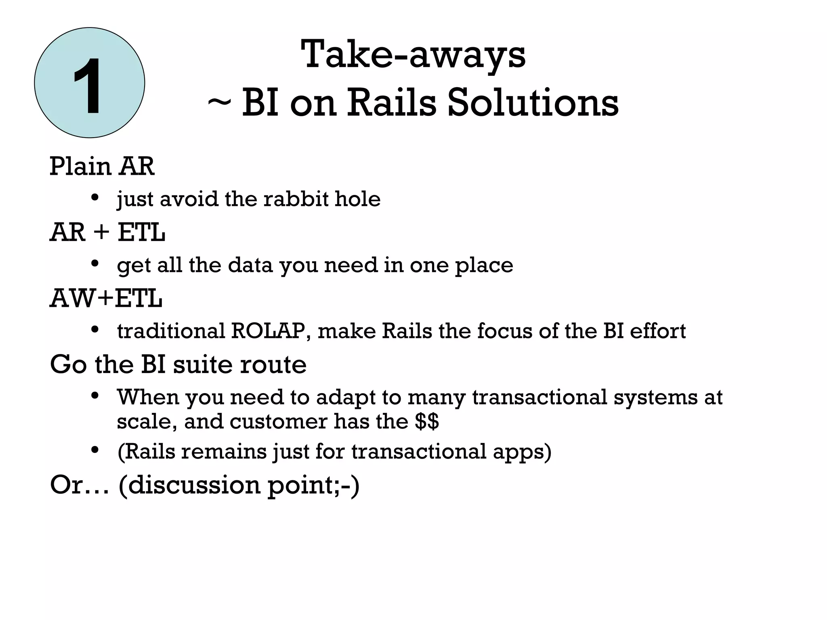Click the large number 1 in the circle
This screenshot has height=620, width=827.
click(x=88, y=86)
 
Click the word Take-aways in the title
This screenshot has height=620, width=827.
click(x=413, y=54)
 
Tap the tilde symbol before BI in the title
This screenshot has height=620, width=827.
click(x=219, y=103)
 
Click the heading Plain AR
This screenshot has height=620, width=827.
click(x=102, y=166)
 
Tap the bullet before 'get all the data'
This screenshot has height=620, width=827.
click(x=95, y=264)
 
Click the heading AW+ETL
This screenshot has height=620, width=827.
click(x=106, y=299)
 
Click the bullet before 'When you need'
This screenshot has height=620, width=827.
click(x=95, y=395)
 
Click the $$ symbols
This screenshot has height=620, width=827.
click(x=426, y=421)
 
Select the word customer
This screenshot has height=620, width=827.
click(x=279, y=421)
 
